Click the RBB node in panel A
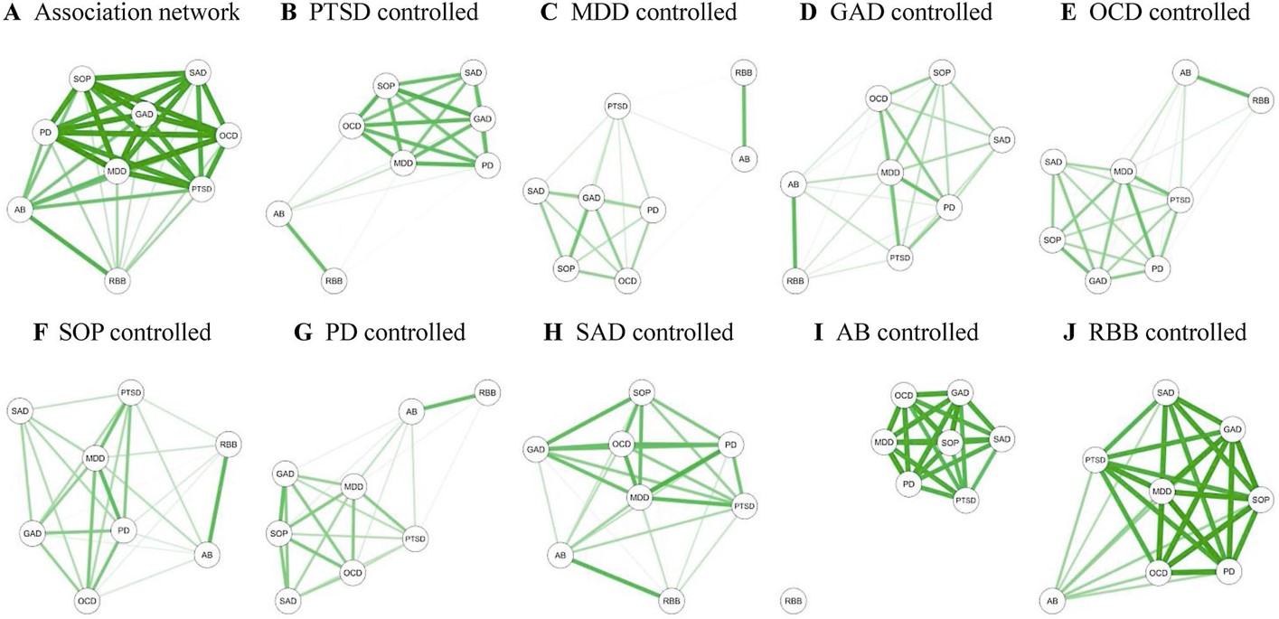click(118, 280)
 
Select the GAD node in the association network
click(145, 114)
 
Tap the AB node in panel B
click(279, 214)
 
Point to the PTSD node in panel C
click(617, 108)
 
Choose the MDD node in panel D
click(891, 172)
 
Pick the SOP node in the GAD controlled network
click(942, 72)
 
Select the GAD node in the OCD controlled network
click(1098, 281)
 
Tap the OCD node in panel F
click(87, 600)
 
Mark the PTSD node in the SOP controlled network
click(132, 392)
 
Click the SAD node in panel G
click(288, 600)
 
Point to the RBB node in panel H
click(672, 600)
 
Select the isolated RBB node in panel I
click(793, 600)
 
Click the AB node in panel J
click(1050, 600)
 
